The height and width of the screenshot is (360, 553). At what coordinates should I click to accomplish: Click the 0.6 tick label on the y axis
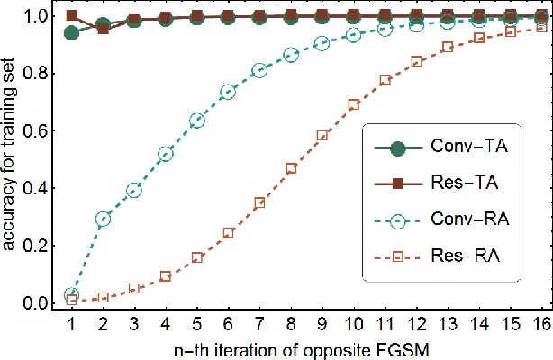[x=41, y=130]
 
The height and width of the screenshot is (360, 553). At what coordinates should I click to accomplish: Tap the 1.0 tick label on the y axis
[x=41, y=15]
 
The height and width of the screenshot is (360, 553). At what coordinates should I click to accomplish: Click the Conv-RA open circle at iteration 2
[x=103, y=219]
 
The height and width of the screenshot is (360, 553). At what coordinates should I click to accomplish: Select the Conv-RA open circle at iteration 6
[x=228, y=92]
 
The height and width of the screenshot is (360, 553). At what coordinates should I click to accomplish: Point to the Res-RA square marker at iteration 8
[x=291, y=168]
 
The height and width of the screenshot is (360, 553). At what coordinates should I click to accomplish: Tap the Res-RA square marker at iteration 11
[x=385, y=80]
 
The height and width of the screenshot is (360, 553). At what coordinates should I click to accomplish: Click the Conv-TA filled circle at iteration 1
[x=72, y=33]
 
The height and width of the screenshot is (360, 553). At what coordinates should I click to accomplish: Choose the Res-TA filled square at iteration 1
[x=72, y=16]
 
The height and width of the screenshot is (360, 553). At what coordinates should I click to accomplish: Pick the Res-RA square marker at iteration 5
[x=197, y=257]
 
